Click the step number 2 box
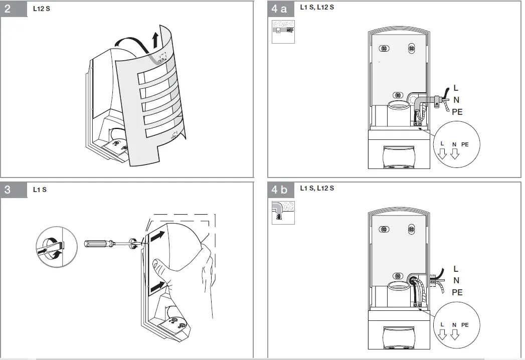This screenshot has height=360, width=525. [x=14, y=10]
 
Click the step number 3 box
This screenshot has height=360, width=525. [x=14, y=190]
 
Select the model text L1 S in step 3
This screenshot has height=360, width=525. [x=40, y=190]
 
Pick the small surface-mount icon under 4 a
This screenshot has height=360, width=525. [x=283, y=32]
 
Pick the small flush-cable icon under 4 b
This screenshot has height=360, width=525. [x=283, y=212]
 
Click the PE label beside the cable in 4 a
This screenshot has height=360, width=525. [x=457, y=112]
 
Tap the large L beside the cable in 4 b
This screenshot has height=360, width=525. [x=455, y=269]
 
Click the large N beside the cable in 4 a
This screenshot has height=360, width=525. [x=456, y=100]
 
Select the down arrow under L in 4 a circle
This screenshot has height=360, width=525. [x=442, y=154]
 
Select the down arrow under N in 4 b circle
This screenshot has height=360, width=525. [x=454, y=335]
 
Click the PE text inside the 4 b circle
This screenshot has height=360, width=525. [x=465, y=325]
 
